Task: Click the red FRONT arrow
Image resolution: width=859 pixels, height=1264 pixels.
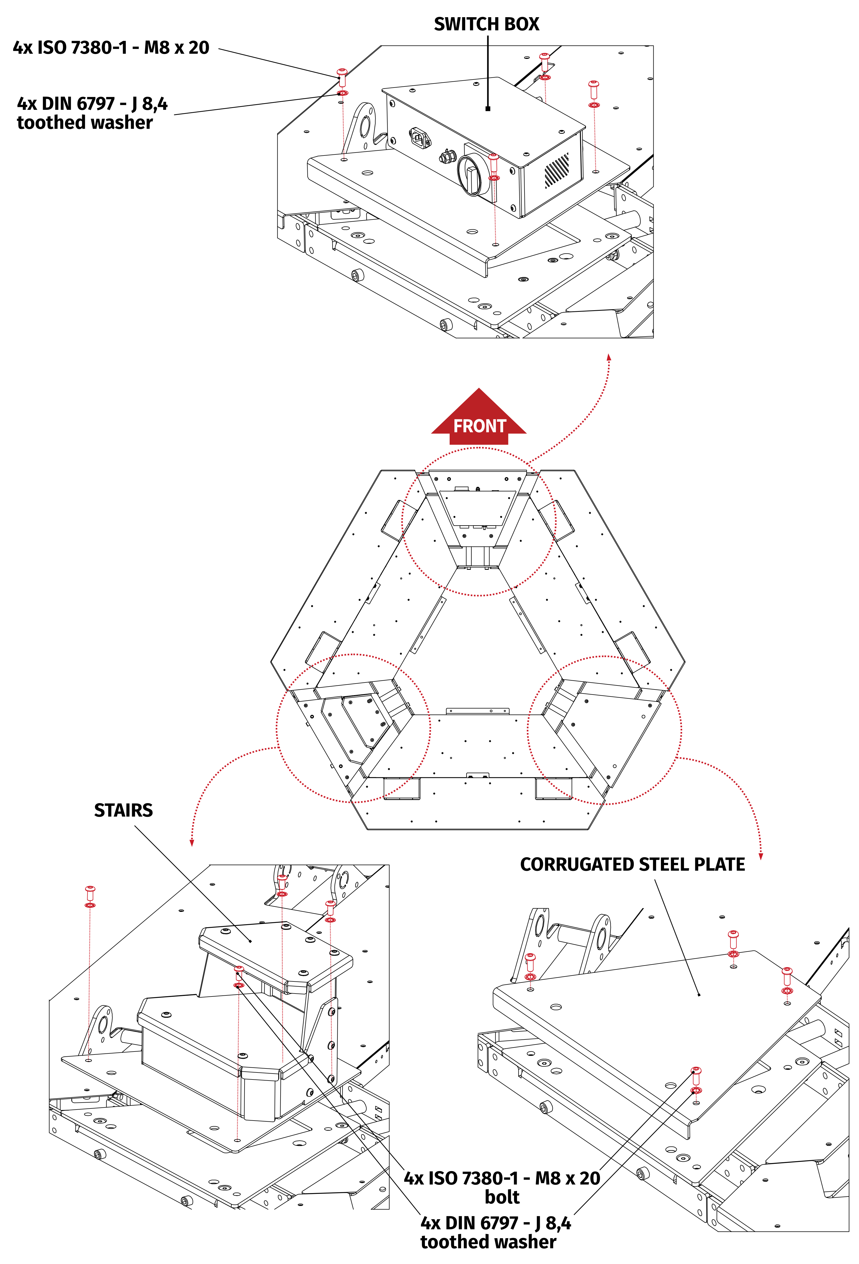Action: point(479,419)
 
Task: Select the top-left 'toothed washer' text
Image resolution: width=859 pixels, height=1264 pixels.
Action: point(85,123)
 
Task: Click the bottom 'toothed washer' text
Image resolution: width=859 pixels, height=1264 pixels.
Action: point(488,1242)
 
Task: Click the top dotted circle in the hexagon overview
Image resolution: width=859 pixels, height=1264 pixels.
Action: point(478,521)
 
